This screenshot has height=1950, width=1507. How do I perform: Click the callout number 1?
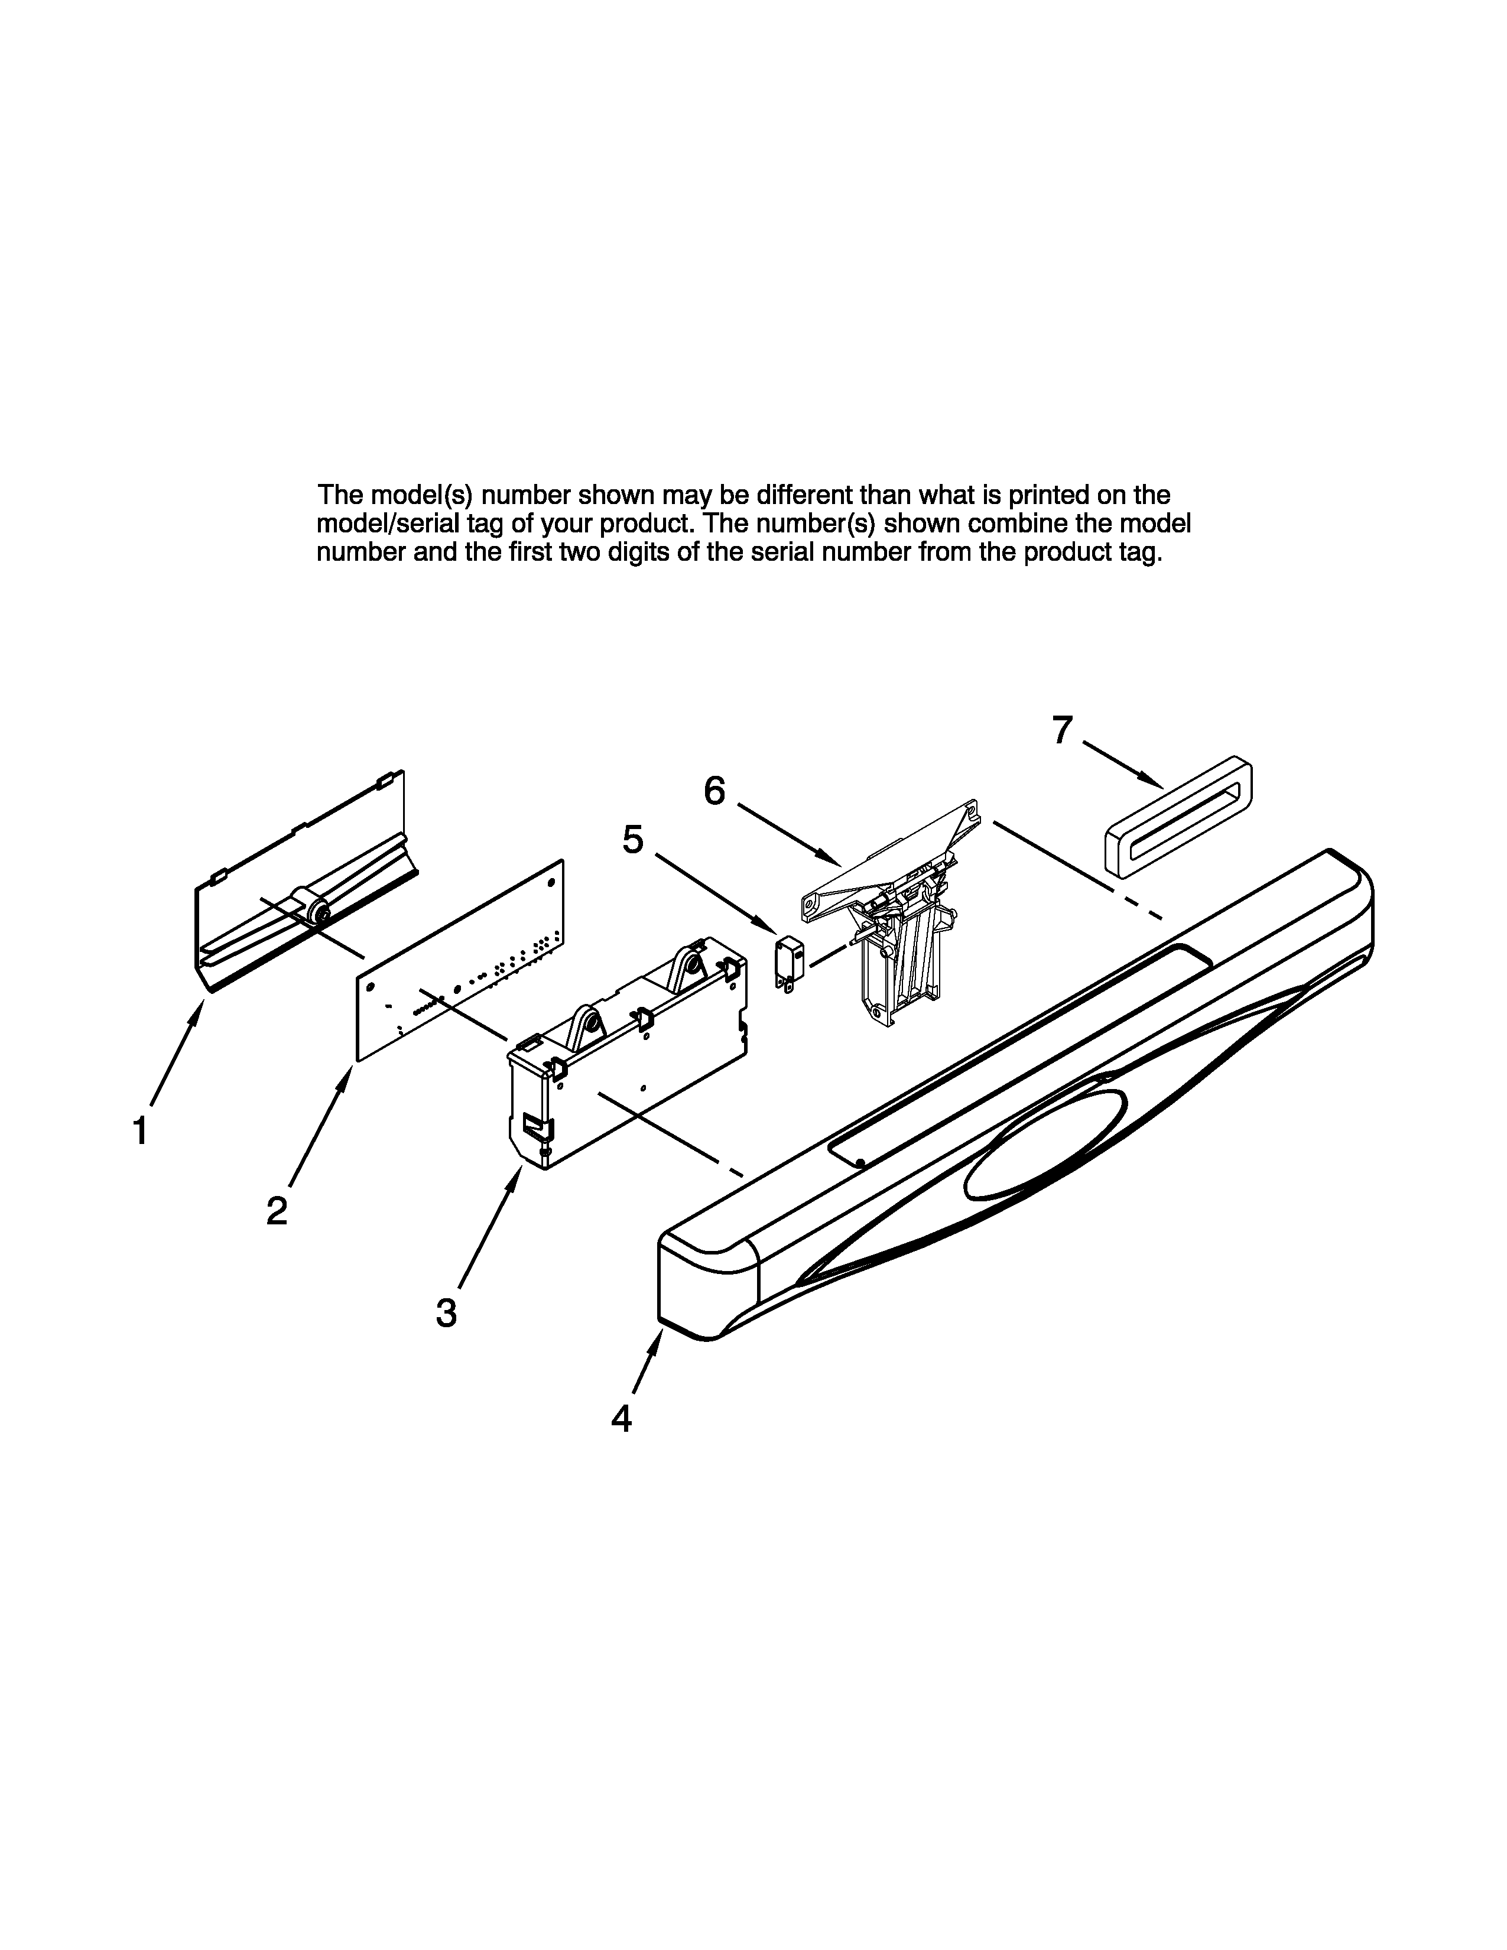(x=140, y=1131)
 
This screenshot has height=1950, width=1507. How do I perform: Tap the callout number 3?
(x=446, y=1312)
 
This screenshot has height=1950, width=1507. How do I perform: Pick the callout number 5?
(x=632, y=839)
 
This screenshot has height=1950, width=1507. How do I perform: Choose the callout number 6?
(x=714, y=790)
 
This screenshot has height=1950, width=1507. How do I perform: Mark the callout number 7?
(x=1061, y=730)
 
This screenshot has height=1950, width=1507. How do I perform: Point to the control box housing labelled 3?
(x=625, y=1054)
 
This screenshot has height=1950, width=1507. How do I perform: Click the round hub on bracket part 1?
(x=314, y=914)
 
